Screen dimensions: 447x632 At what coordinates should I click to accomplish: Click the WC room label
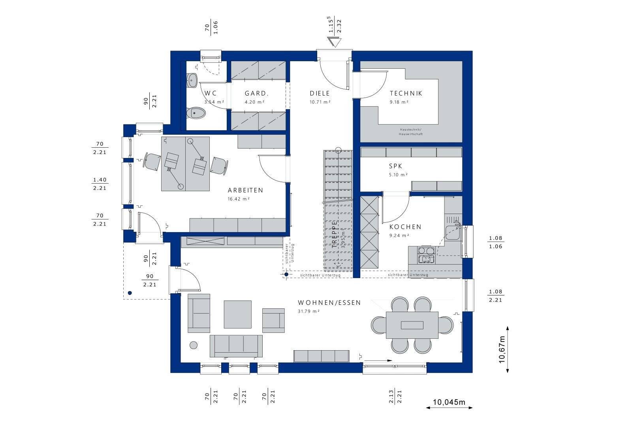pyautogui.click(x=210, y=94)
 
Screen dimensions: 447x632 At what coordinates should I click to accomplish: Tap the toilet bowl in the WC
pyautogui.click(x=196, y=113)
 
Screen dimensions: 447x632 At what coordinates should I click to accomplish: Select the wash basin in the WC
pyautogui.click(x=192, y=80)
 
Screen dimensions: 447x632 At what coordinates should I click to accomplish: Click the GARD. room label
pyautogui.click(x=256, y=94)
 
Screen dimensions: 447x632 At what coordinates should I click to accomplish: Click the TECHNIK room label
pyautogui.click(x=406, y=94)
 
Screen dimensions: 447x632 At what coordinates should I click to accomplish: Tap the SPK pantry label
pyautogui.click(x=396, y=166)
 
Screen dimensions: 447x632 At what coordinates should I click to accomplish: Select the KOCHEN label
pyautogui.click(x=405, y=227)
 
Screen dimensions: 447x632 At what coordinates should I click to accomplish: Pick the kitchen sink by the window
pyautogui.click(x=452, y=233)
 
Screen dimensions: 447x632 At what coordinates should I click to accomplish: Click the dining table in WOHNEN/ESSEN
pyautogui.click(x=412, y=325)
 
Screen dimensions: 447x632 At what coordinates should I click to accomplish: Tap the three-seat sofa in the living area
pyautogui.click(x=236, y=346)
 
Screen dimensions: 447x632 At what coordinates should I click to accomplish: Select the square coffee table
pyautogui.click(x=237, y=314)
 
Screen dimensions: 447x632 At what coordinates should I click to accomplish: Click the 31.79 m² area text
pyautogui.click(x=308, y=312)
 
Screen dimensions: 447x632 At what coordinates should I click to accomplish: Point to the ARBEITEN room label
pyautogui.click(x=245, y=190)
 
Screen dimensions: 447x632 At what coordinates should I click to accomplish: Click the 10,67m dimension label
pyautogui.click(x=502, y=349)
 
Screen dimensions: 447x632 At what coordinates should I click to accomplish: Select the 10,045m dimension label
pyautogui.click(x=449, y=402)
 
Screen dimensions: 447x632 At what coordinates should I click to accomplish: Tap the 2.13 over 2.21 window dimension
pyautogui.click(x=395, y=396)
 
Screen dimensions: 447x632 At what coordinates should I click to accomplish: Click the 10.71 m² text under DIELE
pyautogui.click(x=320, y=102)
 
